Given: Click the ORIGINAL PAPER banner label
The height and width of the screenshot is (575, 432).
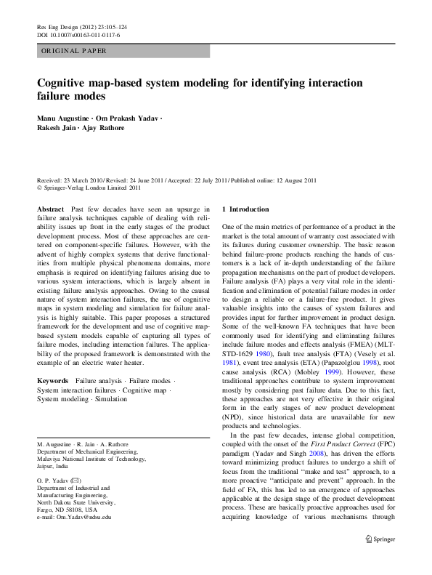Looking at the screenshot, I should tap(73, 52).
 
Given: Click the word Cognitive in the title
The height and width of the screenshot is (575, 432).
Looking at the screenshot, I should tap(65, 83).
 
